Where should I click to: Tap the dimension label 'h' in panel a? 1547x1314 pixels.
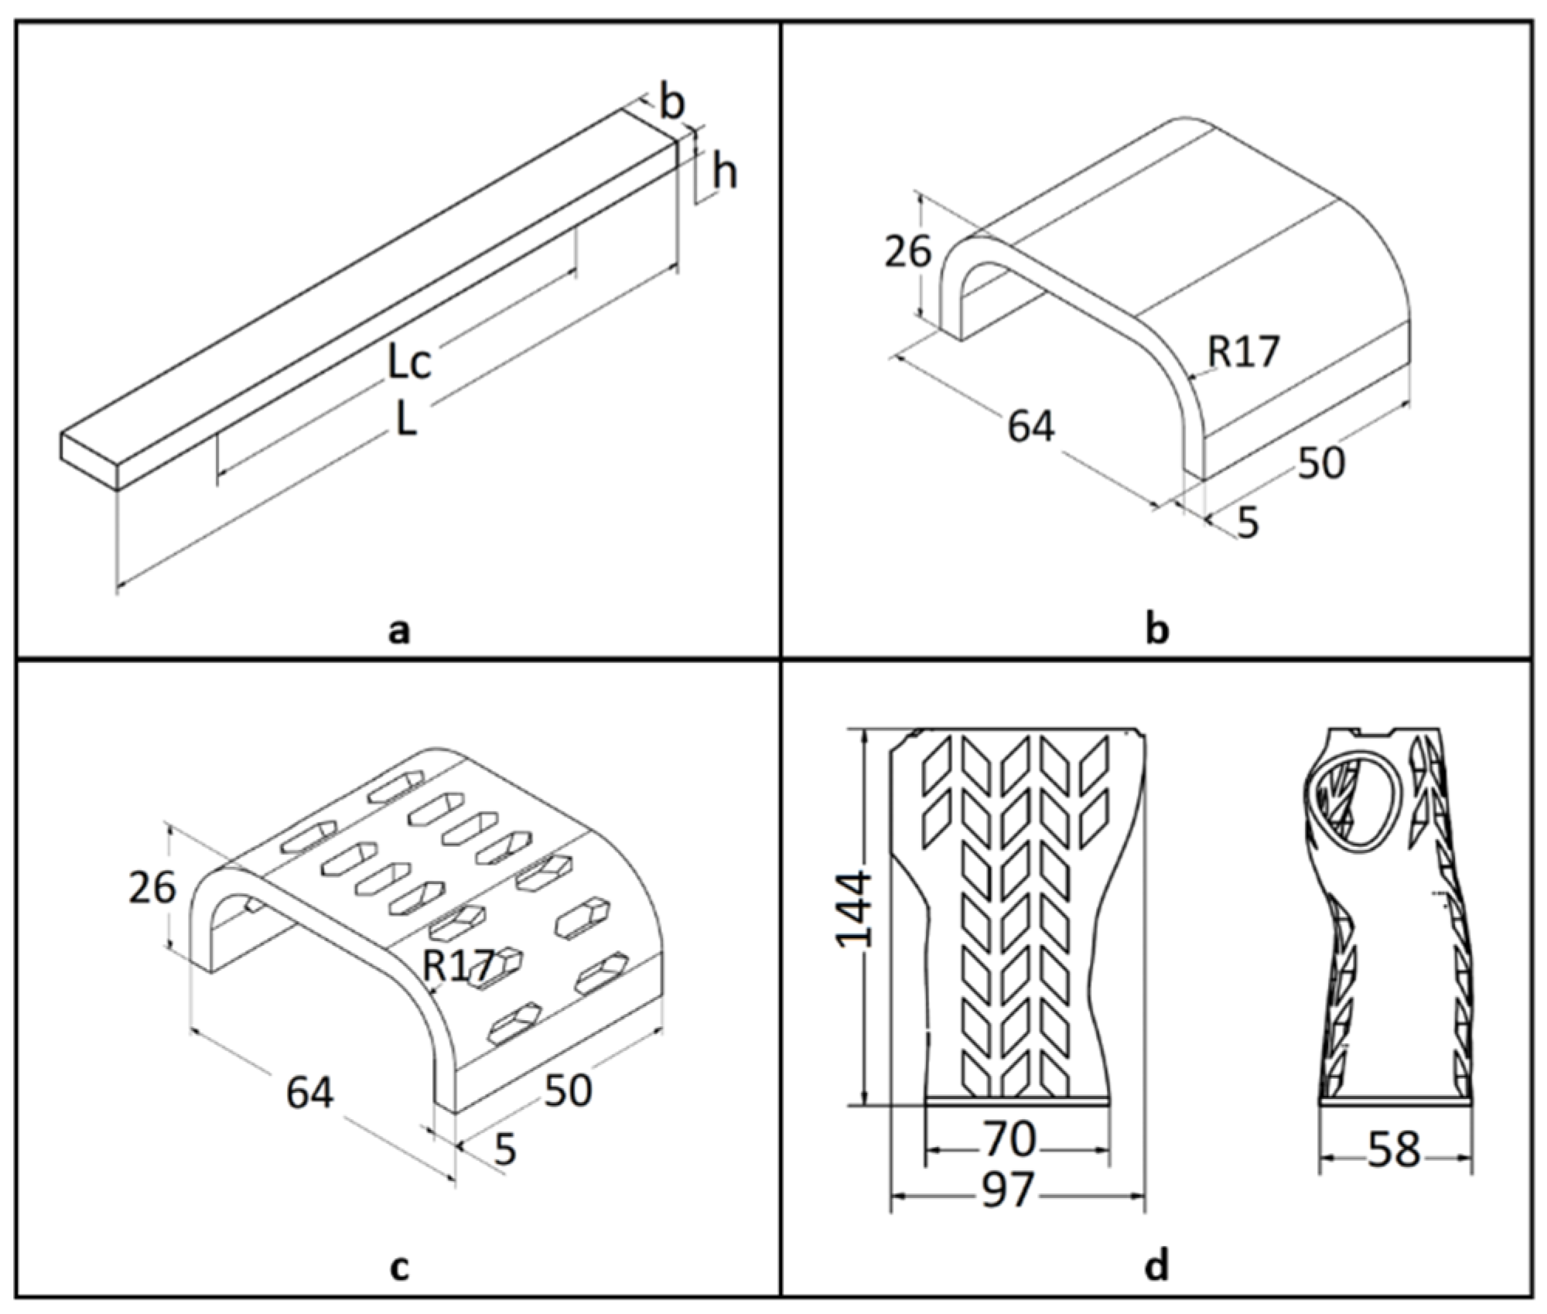pos(724,174)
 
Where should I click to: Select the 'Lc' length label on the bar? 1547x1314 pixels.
pos(408,363)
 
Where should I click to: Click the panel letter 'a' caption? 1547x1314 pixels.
pos(398,632)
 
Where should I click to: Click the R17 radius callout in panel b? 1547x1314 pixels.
pos(1244,352)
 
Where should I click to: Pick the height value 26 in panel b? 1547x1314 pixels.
pos(908,251)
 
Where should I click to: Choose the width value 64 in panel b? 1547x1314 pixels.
pos(1031,426)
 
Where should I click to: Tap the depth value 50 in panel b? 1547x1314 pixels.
pos(1321,462)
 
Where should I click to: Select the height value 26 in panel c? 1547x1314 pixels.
pos(152,889)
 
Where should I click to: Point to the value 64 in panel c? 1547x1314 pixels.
pos(309,1093)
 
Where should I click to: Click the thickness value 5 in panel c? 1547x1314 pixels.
pos(504,1150)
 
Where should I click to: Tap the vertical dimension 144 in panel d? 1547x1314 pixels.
pos(856,909)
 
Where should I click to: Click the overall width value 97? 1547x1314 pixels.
pos(1010,1189)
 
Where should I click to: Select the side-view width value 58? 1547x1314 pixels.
pos(1395,1149)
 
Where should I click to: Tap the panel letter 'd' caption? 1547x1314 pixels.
pos(1156,1267)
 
